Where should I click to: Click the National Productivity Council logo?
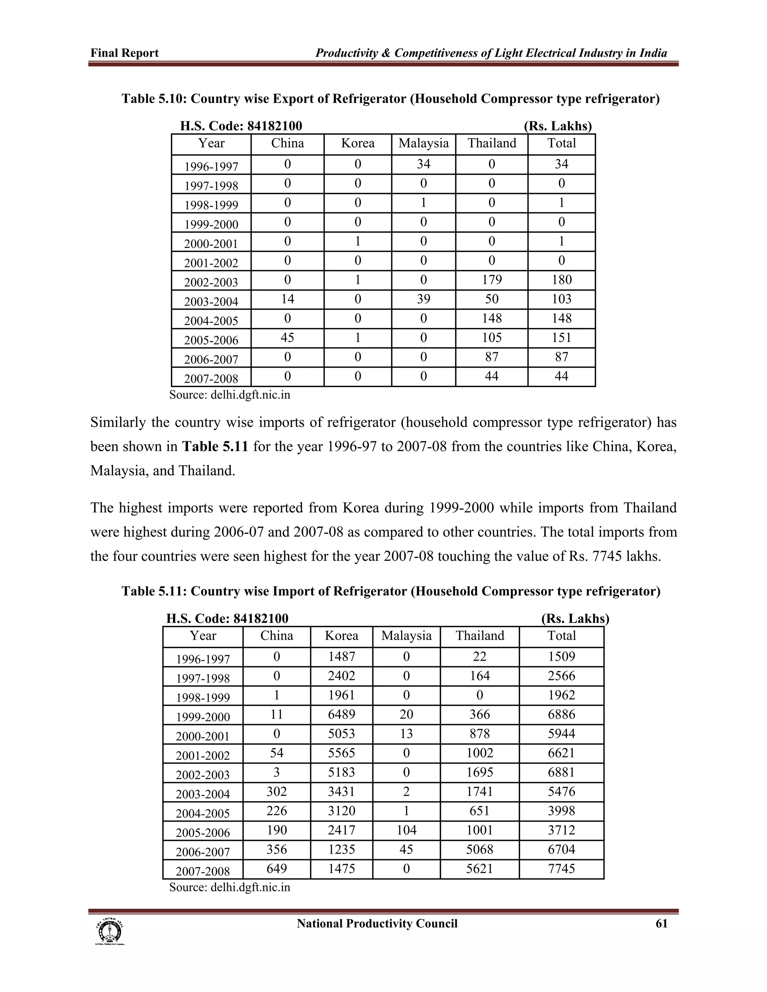pos(109,932)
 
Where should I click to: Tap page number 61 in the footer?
pos(661,924)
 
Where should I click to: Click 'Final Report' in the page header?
pos(124,53)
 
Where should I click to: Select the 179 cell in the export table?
pos(492,280)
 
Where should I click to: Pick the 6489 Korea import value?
pos(341,715)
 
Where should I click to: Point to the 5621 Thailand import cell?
pos(479,869)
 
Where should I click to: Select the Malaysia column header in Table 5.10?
pos(424,143)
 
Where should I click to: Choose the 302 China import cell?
pos(276,792)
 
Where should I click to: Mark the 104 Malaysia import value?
pos(406,830)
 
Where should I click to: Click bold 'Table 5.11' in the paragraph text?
pos(215,447)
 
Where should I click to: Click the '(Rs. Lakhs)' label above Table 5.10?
pos(558,126)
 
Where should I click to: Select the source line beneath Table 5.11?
pos(230,888)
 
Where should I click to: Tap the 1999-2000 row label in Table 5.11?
pos(203,717)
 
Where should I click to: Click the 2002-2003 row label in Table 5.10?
pos(211,283)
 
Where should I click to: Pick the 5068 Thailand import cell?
pos(479,849)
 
